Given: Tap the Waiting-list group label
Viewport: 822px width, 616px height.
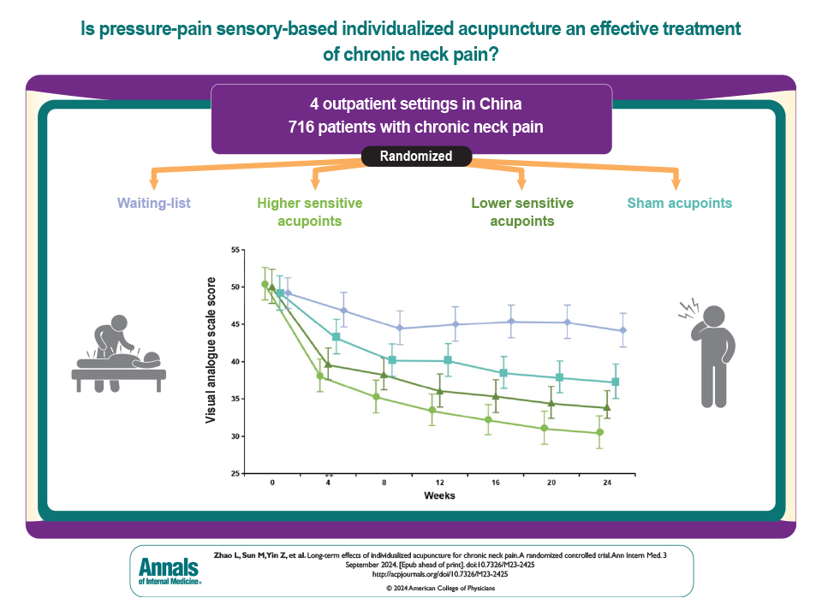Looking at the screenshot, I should pos(153,204).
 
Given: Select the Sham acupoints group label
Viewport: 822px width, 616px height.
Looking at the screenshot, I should pos(679,204).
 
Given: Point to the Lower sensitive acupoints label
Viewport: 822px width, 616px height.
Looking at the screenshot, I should pos(522,212).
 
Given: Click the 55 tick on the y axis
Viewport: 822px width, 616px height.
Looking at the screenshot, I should pos(235,250).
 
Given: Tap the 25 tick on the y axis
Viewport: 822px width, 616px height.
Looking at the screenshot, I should pos(235,473).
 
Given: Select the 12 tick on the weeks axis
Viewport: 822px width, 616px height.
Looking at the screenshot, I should pos(440,483).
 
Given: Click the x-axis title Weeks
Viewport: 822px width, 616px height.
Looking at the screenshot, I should pos(439,496).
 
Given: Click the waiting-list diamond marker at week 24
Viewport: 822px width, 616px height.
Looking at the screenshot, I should pos(623,330).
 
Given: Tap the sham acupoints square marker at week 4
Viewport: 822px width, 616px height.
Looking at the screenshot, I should pos(336,337).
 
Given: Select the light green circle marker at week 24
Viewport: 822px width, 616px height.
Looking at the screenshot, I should pos(599,433).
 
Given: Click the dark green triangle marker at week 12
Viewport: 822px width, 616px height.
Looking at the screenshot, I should pos(440,391).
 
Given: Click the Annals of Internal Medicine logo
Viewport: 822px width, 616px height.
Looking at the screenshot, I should pos(170,570).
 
